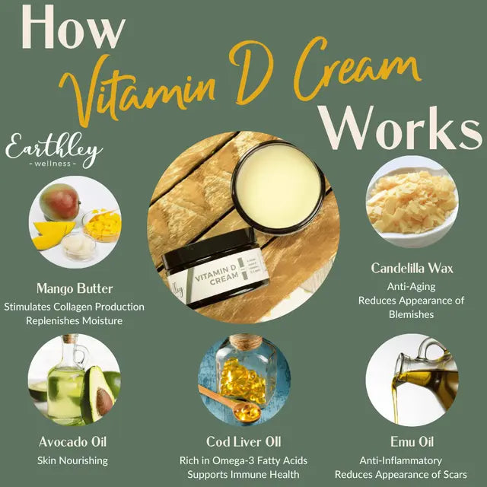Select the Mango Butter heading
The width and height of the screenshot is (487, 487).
coord(75,289)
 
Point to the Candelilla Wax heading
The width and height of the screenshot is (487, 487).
coord(412,268)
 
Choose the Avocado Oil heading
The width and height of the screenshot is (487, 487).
coord(72,441)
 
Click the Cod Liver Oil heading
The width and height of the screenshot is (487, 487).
coord(244,441)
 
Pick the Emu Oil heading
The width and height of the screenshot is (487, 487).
coord(411,441)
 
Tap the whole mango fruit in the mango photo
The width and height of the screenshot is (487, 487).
coord(61,204)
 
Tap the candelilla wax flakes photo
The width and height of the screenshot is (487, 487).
coord(412,201)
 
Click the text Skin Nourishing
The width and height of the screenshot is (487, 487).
coord(72,460)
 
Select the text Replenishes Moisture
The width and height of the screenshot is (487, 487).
coord(74,321)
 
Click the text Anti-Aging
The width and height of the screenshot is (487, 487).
coord(412,286)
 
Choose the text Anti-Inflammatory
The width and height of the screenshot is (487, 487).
coord(411,460)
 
